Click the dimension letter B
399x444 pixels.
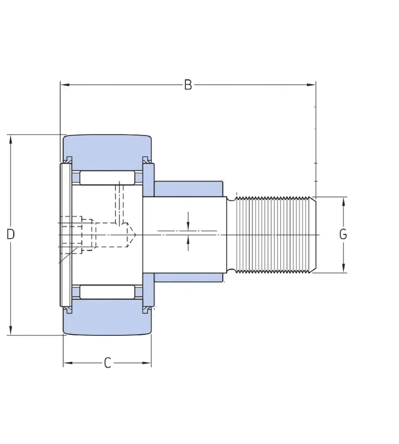coord(188,85)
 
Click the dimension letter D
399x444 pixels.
coord(10,234)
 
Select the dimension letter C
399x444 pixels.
coord(108,363)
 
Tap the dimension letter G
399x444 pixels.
coord(343,234)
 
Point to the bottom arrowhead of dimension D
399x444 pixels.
coord(11,330)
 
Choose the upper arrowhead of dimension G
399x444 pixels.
coord(343,202)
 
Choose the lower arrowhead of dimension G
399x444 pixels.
coord(343,268)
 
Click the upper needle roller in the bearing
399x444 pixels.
coord(107,178)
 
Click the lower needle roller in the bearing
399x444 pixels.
coord(107,292)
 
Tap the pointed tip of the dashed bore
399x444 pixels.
coord(136,235)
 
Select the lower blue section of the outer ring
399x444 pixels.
coord(107,318)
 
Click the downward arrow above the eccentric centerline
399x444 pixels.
coord(188,222)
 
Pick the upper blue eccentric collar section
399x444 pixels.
coord(189,188)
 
